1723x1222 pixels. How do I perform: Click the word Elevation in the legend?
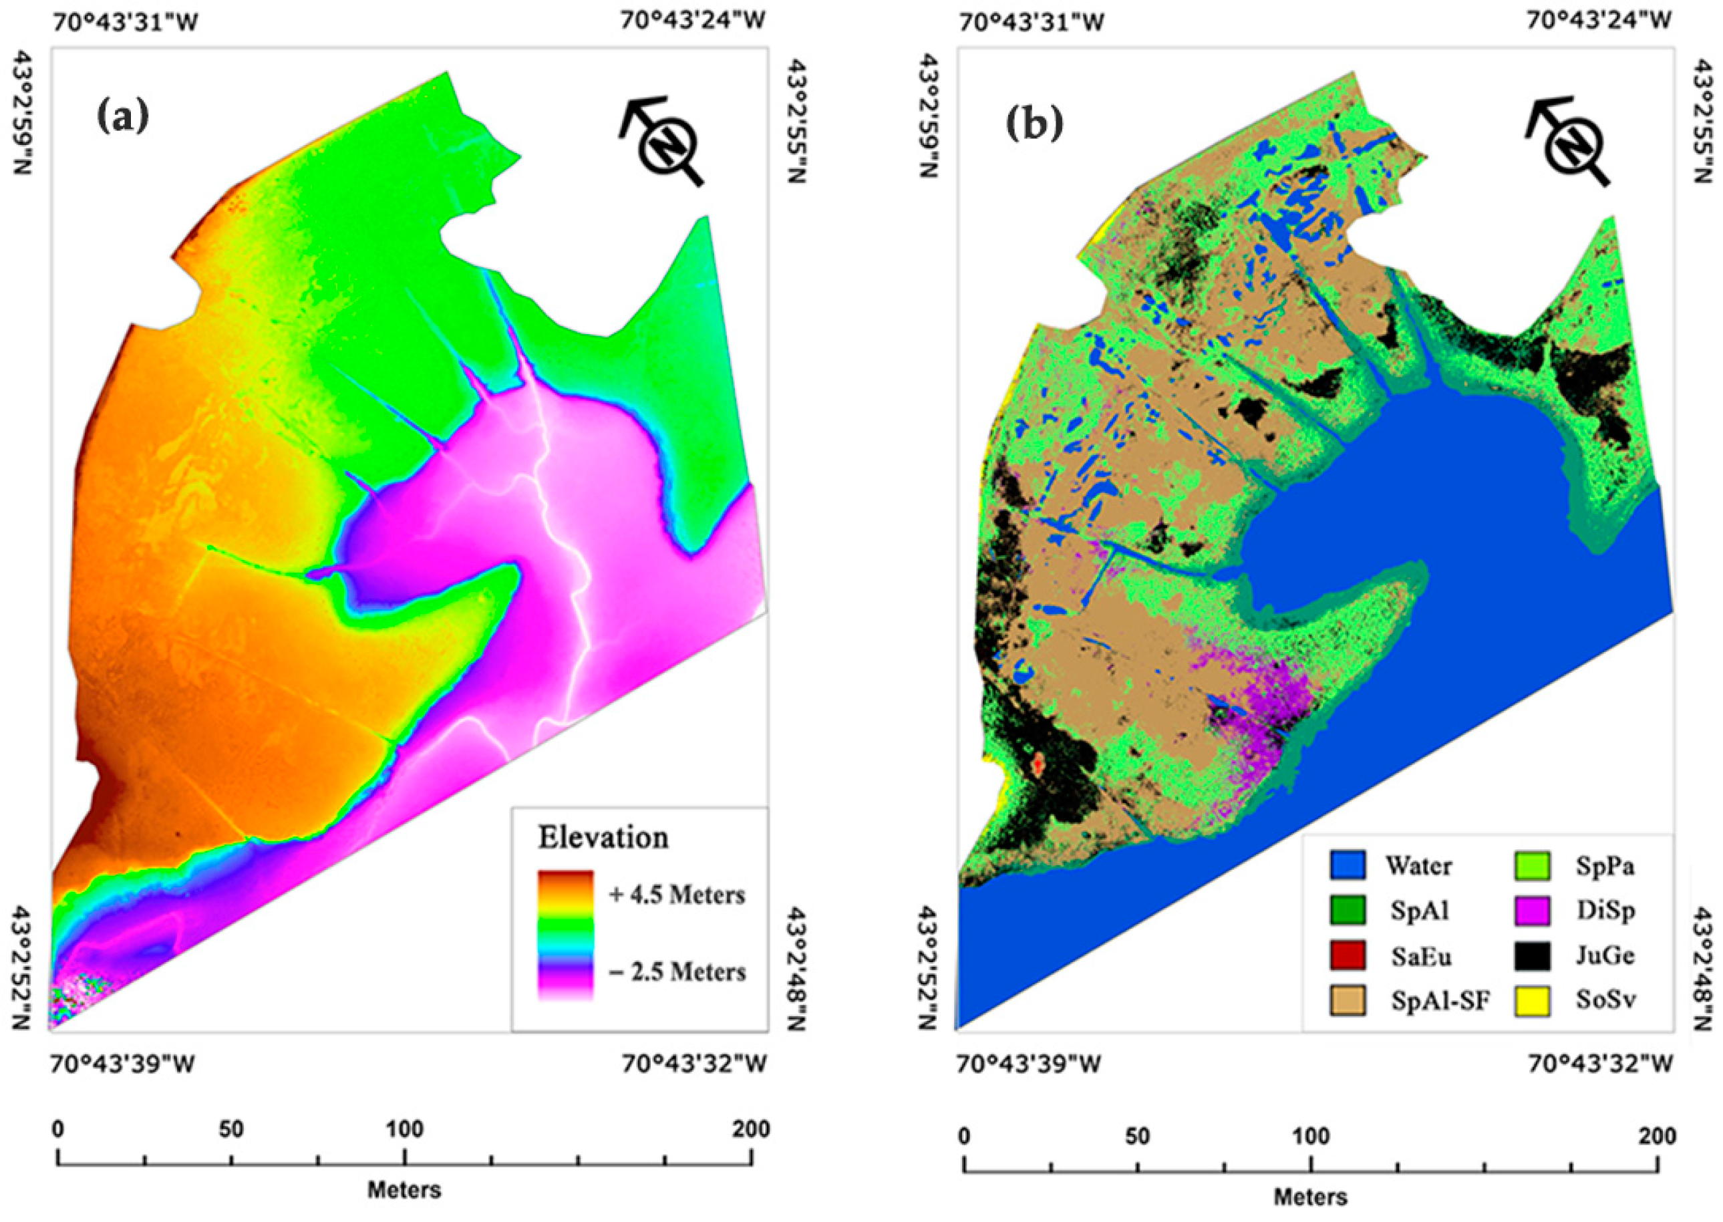click(x=603, y=837)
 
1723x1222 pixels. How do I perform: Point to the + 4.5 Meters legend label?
click(x=676, y=895)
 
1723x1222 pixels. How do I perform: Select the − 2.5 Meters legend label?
click(x=676, y=971)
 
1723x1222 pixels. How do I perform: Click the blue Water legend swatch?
click(x=1347, y=865)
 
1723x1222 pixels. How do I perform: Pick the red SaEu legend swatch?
click(x=1347, y=955)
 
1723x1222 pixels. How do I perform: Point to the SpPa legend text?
click(x=1605, y=866)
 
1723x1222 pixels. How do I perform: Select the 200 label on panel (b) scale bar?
click(x=1658, y=1136)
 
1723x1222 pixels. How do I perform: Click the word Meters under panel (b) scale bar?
click(x=1310, y=1197)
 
